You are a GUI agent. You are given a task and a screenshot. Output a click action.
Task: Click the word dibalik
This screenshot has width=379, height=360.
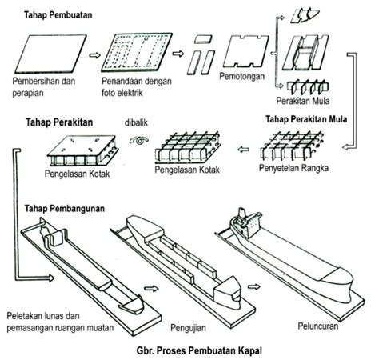click(x=137, y=122)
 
